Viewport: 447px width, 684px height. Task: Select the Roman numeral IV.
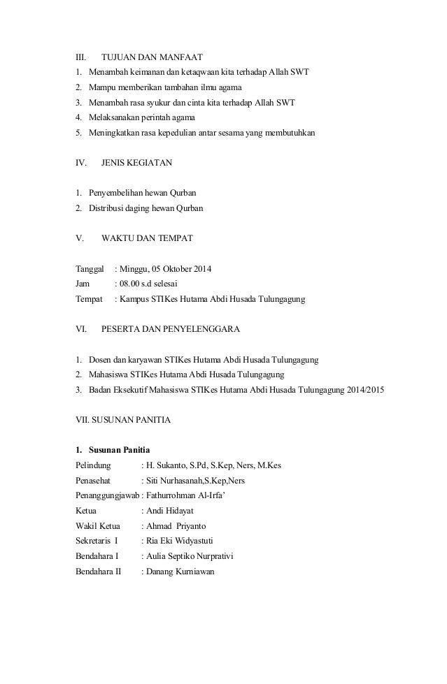pos(80,163)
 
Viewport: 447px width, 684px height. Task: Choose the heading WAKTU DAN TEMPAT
pos(147,238)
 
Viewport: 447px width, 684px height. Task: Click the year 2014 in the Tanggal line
pos(201,269)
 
